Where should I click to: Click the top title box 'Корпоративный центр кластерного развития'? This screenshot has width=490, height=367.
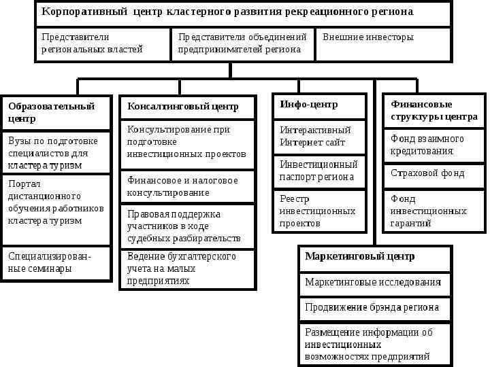[243, 14]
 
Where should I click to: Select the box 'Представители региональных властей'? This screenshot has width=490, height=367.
[102, 43]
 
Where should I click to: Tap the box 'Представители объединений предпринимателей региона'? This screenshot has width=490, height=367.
[243, 43]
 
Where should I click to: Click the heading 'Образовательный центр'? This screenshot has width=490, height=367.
[56, 112]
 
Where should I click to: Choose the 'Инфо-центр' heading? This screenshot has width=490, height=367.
[319, 105]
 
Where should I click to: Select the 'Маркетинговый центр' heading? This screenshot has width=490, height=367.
[374, 258]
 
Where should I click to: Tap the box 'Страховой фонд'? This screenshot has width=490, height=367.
[434, 173]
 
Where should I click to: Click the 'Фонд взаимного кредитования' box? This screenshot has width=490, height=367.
[434, 145]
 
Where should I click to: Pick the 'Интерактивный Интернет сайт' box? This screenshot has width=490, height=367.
[319, 137]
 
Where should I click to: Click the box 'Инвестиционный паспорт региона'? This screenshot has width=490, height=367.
[319, 171]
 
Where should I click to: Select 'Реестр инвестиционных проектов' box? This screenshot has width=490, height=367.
[319, 211]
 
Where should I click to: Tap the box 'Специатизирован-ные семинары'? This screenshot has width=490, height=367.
[56, 262]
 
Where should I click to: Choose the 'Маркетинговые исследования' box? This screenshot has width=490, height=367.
[374, 283]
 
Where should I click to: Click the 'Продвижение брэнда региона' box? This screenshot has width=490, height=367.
[374, 308]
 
